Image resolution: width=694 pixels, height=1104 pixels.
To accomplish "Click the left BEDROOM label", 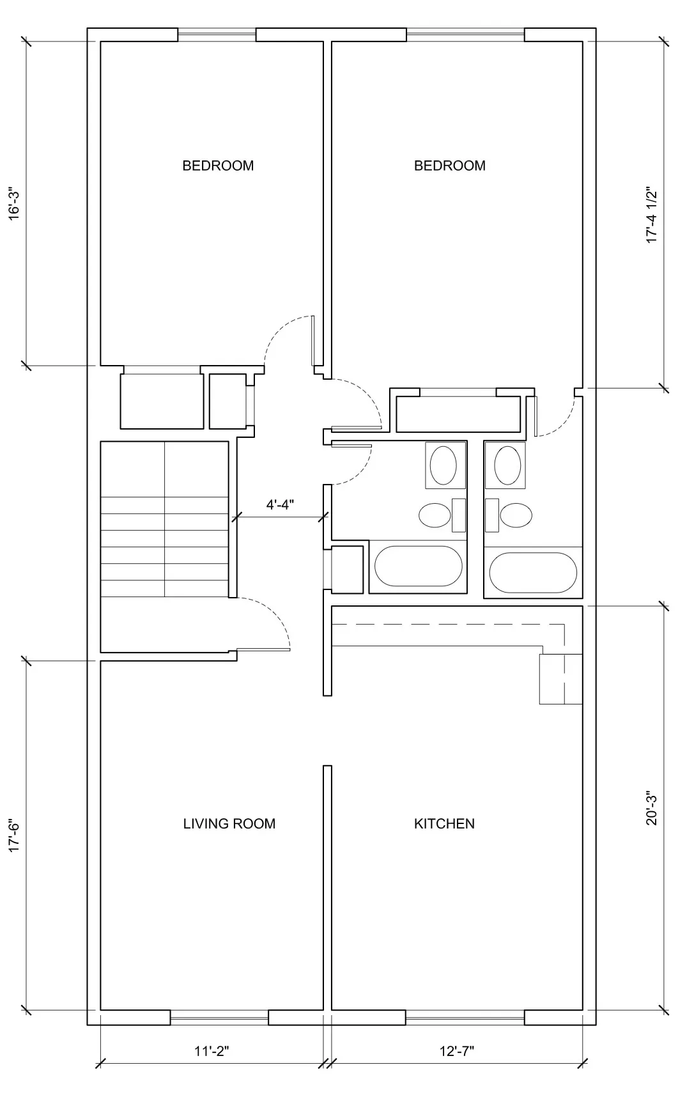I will (x=218, y=166).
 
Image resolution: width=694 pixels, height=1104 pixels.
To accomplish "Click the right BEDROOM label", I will (x=449, y=166).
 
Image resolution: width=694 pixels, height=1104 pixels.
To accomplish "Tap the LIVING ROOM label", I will (x=229, y=823).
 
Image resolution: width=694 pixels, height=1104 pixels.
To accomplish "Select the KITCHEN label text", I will (x=444, y=823).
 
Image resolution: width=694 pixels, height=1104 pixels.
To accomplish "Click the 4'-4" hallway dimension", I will (x=279, y=504).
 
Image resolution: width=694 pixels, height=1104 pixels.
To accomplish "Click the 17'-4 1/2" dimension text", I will (x=651, y=215).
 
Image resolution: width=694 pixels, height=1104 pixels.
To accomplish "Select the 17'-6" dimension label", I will (x=14, y=834).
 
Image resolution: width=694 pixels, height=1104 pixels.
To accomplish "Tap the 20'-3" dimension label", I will (x=651, y=809).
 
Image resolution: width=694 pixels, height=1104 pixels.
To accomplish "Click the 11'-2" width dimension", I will (x=212, y=1050).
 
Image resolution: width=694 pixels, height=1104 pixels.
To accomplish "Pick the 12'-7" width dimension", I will (x=457, y=1050).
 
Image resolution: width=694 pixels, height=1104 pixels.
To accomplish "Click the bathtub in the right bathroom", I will (x=533, y=573).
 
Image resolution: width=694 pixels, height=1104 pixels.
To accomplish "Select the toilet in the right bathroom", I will (x=515, y=515).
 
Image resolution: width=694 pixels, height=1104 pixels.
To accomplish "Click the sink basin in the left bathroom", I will (x=443, y=465).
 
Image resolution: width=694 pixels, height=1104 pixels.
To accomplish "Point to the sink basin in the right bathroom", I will (x=507, y=465).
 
